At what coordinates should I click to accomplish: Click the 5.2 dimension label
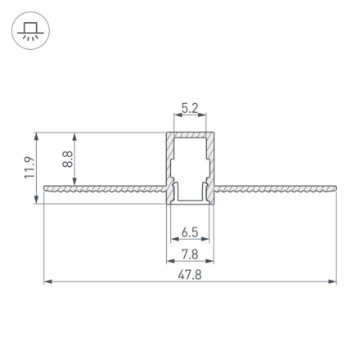(x=189, y=107)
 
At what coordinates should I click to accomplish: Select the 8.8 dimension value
(x=67, y=159)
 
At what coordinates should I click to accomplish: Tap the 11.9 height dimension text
(x=29, y=168)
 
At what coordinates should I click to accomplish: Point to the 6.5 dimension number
(x=189, y=232)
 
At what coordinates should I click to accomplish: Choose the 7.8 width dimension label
(x=189, y=254)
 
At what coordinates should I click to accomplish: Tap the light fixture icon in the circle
(x=30, y=31)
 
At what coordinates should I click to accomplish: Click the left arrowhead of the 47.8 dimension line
(x=46, y=282)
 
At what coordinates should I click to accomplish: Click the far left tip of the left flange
(x=43, y=189)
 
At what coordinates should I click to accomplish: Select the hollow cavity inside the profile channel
(x=189, y=164)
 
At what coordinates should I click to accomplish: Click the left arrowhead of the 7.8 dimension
(x=169, y=262)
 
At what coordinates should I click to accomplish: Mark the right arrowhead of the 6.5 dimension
(x=205, y=239)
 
